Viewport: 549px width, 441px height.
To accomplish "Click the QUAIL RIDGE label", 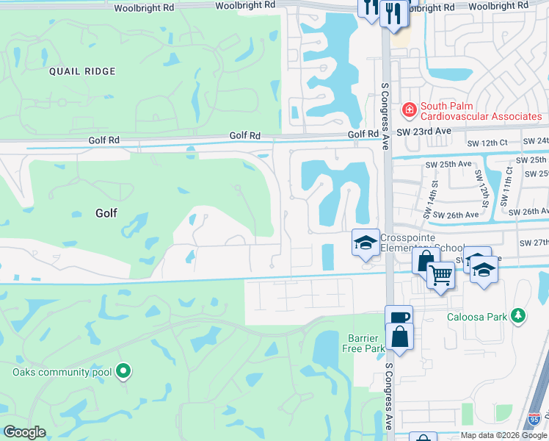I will tap(83, 71).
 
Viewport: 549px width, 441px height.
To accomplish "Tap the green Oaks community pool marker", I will tap(123, 373).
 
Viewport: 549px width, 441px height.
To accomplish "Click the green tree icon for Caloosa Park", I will tap(518, 316).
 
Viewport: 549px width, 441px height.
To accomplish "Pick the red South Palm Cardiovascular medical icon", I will tap(408, 110).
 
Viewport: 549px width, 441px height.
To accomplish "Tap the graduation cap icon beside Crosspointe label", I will tap(365, 244).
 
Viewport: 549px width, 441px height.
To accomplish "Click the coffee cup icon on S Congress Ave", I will tap(399, 318).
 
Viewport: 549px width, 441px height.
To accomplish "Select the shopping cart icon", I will tap(440, 276).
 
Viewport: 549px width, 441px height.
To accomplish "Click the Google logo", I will tap(24, 432).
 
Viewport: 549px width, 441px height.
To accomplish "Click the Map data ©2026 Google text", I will tap(503, 435).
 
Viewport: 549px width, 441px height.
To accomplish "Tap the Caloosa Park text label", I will tap(478, 318).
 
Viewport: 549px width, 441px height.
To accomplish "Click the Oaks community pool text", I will tap(60, 372).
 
